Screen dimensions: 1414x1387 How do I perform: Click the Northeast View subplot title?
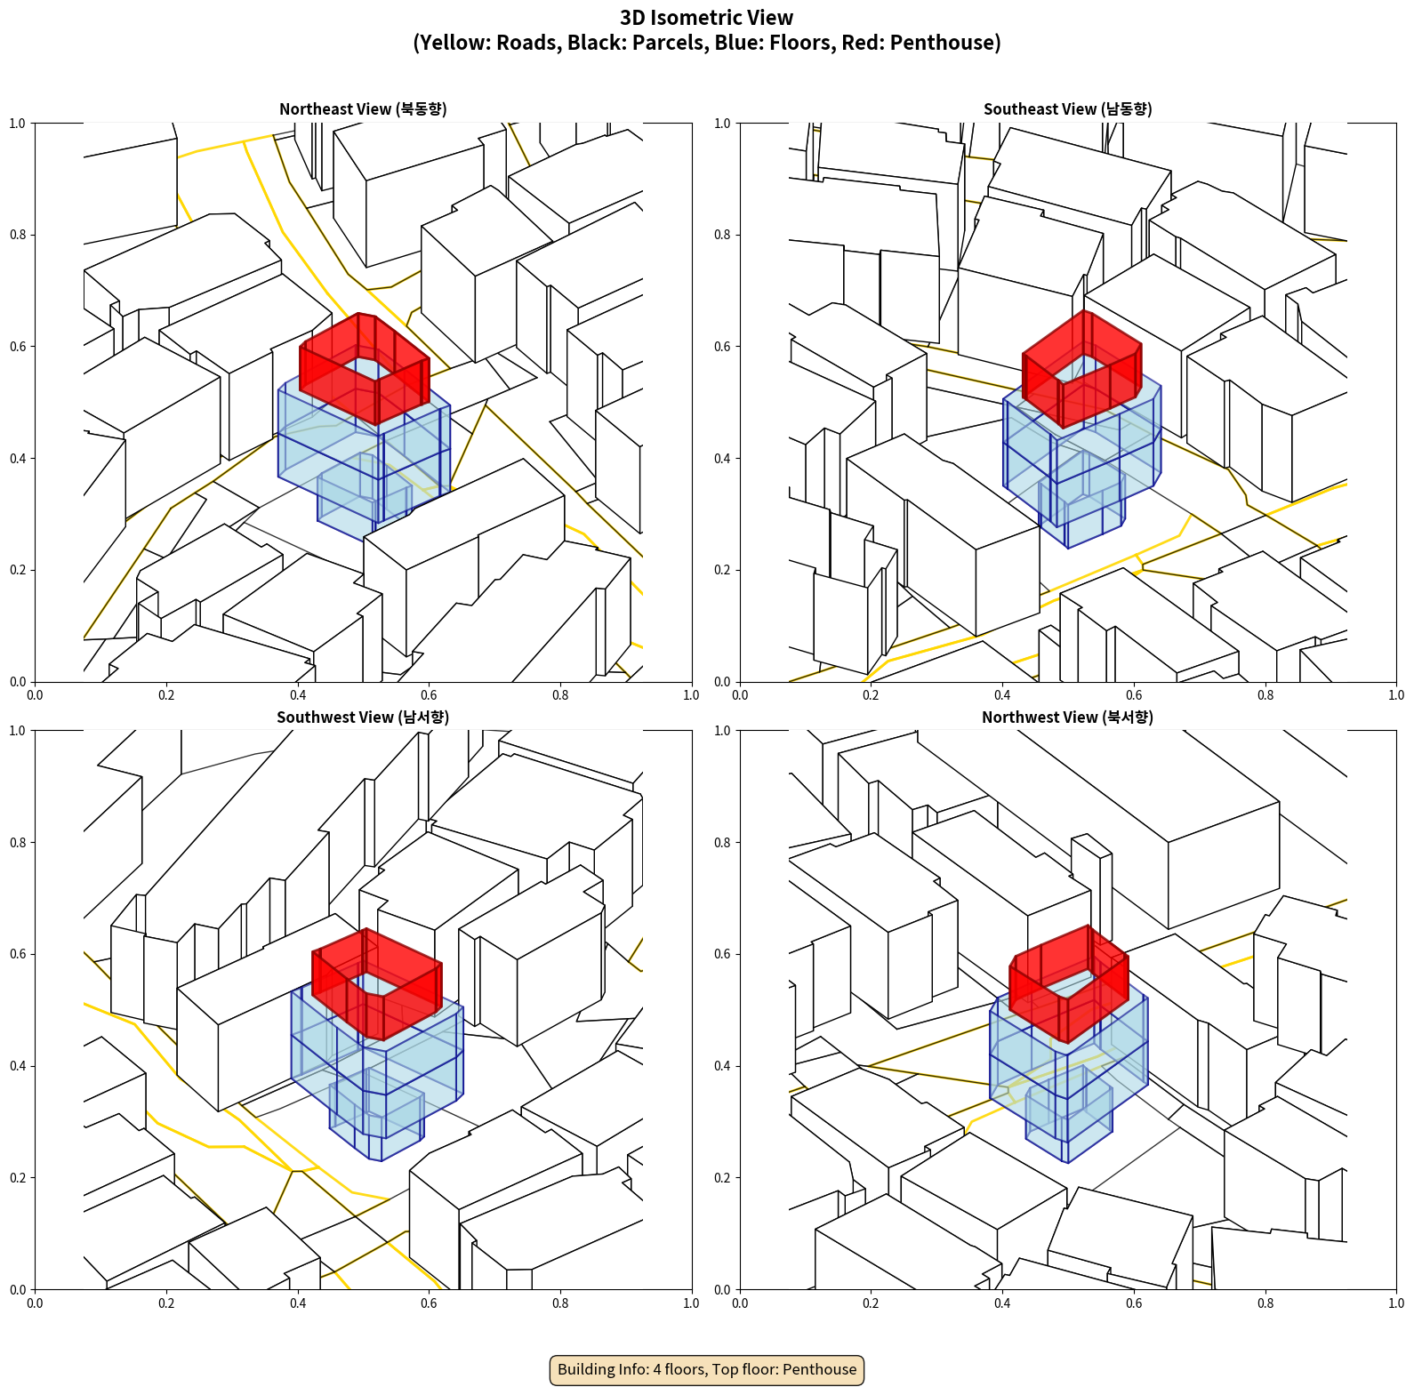point(363,108)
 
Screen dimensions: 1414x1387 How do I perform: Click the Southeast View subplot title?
point(1067,108)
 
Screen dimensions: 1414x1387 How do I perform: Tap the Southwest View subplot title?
point(363,717)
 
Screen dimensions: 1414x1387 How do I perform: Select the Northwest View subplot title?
point(1067,717)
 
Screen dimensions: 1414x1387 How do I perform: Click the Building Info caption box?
point(707,1369)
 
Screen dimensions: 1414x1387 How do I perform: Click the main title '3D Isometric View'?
point(707,18)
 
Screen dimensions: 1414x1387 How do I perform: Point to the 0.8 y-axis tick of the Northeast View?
point(17,235)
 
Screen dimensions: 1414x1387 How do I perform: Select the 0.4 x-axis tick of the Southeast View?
point(1002,695)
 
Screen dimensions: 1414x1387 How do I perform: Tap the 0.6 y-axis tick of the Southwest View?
point(17,954)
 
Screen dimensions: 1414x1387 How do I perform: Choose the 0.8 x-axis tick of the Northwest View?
point(1265,1303)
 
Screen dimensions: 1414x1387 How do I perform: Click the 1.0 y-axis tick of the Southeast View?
point(722,123)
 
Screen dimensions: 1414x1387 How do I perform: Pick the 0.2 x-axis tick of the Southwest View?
point(166,1303)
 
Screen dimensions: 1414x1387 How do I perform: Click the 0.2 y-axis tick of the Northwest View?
point(722,1178)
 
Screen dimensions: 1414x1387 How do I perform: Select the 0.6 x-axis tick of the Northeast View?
point(429,695)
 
